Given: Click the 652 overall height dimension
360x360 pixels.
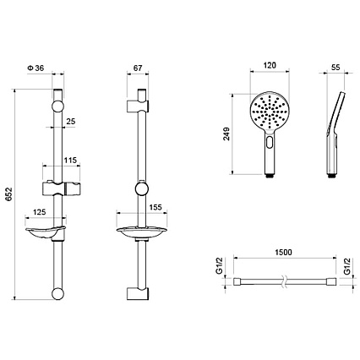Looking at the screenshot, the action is click(x=9, y=194).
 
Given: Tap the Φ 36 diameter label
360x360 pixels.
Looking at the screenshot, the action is click(x=35, y=68).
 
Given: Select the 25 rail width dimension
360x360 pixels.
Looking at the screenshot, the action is click(x=71, y=122).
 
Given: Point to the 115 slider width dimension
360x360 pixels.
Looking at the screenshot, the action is click(x=70, y=161).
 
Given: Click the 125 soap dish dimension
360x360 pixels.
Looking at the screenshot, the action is click(x=40, y=212).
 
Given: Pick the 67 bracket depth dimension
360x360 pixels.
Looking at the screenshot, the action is click(x=138, y=68).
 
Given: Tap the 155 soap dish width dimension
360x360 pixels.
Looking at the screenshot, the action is click(x=155, y=207).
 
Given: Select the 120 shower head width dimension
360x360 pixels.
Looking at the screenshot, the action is click(x=270, y=66).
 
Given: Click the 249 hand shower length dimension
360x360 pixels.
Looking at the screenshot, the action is click(x=226, y=134).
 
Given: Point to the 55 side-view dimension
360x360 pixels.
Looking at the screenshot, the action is click(x=335, y=68).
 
